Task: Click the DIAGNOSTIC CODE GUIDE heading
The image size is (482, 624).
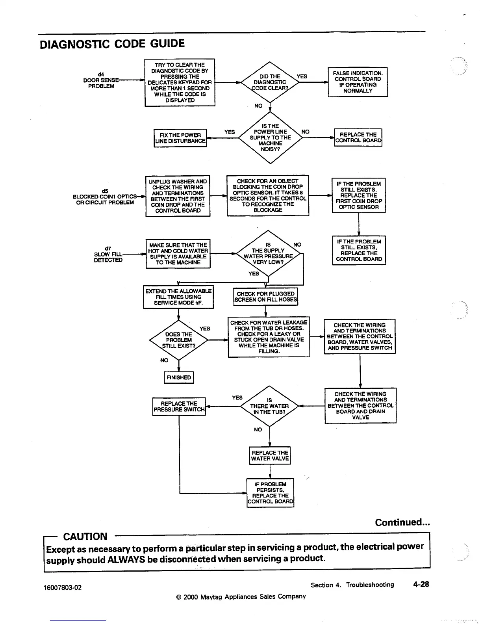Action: point(112,44)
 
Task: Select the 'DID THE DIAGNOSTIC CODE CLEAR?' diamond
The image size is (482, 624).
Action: point(270,82)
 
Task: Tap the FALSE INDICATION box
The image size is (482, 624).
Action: point(358,82)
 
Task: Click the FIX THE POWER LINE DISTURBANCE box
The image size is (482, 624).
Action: point(180,138)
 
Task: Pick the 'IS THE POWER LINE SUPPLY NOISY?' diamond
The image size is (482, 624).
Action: point(270,137)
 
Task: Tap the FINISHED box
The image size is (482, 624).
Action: point(179,377)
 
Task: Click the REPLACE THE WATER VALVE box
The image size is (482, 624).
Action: point(270,456)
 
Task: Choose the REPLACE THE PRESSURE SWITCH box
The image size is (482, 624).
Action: point(179,407)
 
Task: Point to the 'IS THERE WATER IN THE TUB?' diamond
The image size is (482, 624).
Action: point(270,406)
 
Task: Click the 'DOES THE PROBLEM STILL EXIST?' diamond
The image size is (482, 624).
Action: point(179,340)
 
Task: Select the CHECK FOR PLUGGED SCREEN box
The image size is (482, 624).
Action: point(266,297)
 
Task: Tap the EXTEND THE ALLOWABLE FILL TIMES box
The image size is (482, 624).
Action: point(178,297)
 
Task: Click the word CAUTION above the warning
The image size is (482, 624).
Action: point(85,537)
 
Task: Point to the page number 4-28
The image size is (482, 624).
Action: point(421,584)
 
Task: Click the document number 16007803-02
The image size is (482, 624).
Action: point(63,587)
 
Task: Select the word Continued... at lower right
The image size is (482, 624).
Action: point(402,522)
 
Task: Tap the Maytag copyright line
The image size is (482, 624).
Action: point(241,596)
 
